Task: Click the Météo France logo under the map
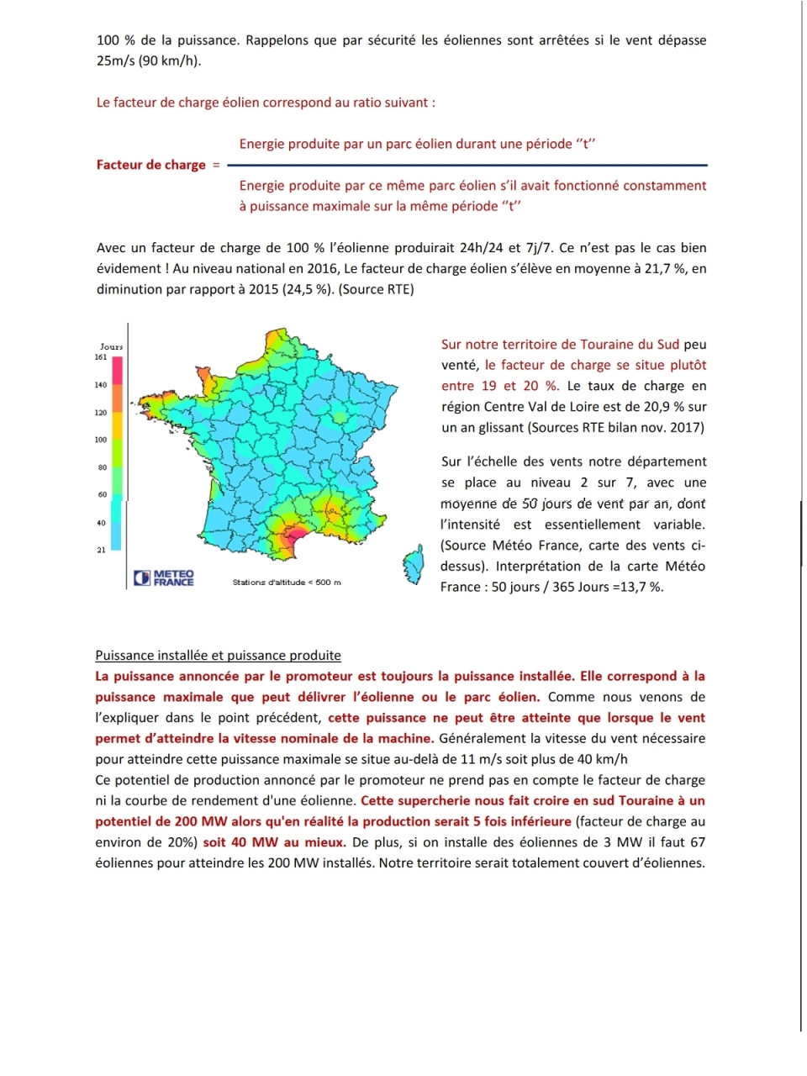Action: (x=164, y=578)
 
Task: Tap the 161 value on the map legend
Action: (x=101, y=357)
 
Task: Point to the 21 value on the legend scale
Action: (x=101, y=551)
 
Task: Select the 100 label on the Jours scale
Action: (x=101, y=440)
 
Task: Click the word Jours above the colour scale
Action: (x=111, y=346)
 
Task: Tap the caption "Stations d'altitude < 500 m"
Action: (x=287, y=582)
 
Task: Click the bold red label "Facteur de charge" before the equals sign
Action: (x=151, y=165)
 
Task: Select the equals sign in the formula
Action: (x=216, y=165)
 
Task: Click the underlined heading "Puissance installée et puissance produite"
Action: (x=218, y=656)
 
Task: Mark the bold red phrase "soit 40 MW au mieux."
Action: (x=274, y=842)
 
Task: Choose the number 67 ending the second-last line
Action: (x=697, y=842)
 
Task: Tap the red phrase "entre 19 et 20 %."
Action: (x=500, y=386)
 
